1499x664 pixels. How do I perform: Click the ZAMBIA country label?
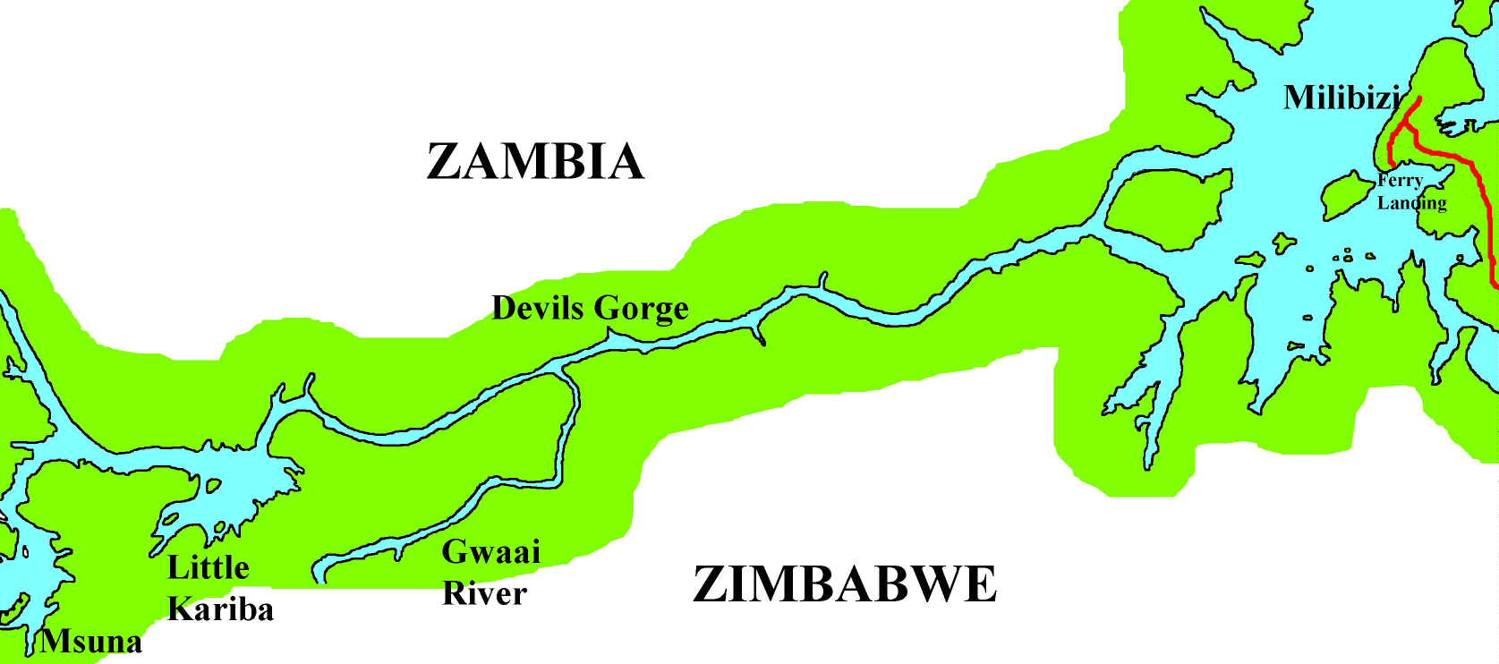point(535,162)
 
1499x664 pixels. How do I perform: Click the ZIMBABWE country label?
point(844,584)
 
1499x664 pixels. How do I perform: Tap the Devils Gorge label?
point(590,308)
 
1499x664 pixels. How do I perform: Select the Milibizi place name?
point(1341,98)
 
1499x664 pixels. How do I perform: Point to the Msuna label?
point(90,642)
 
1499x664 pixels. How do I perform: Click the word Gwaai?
point(490,552)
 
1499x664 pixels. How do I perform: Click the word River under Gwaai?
point(484,593)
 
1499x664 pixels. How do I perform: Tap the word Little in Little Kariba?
point(208,567)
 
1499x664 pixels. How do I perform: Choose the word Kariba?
point(220,609)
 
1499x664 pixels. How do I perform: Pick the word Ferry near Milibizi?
point(1400,181)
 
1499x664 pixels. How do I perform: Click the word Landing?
point(1411,203)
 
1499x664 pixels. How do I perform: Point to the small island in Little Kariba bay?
point(213,486)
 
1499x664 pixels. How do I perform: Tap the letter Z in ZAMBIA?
point(443,162)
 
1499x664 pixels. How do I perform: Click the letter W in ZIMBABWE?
point(931,584)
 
